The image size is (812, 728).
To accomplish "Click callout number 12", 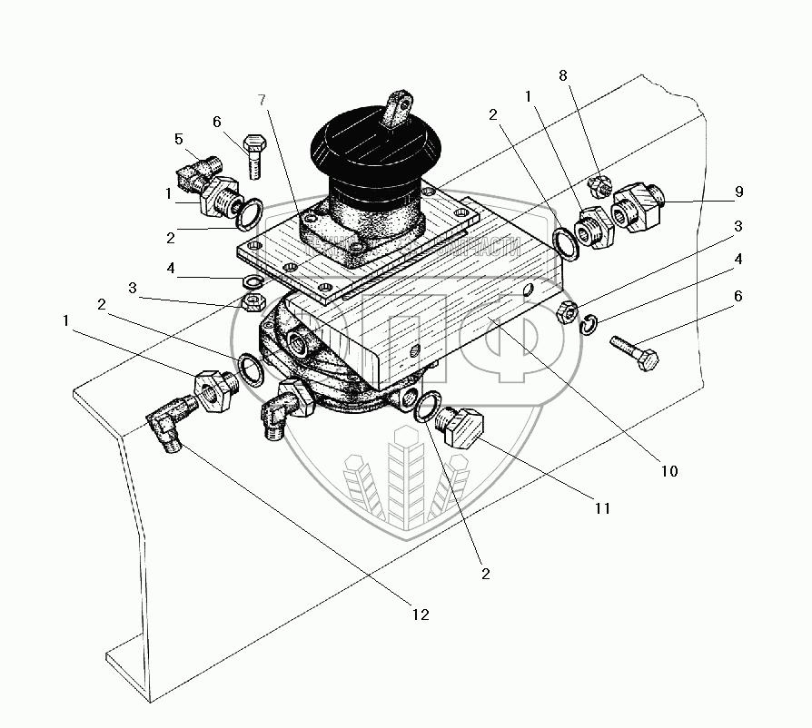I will [420, 615].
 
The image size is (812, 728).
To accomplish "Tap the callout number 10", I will [668, 471].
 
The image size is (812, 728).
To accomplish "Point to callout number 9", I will [738, 192].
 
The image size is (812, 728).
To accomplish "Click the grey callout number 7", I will [262, 99].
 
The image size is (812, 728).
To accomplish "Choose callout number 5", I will [179, 139].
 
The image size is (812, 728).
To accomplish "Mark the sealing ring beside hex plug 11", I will [426, 408].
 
